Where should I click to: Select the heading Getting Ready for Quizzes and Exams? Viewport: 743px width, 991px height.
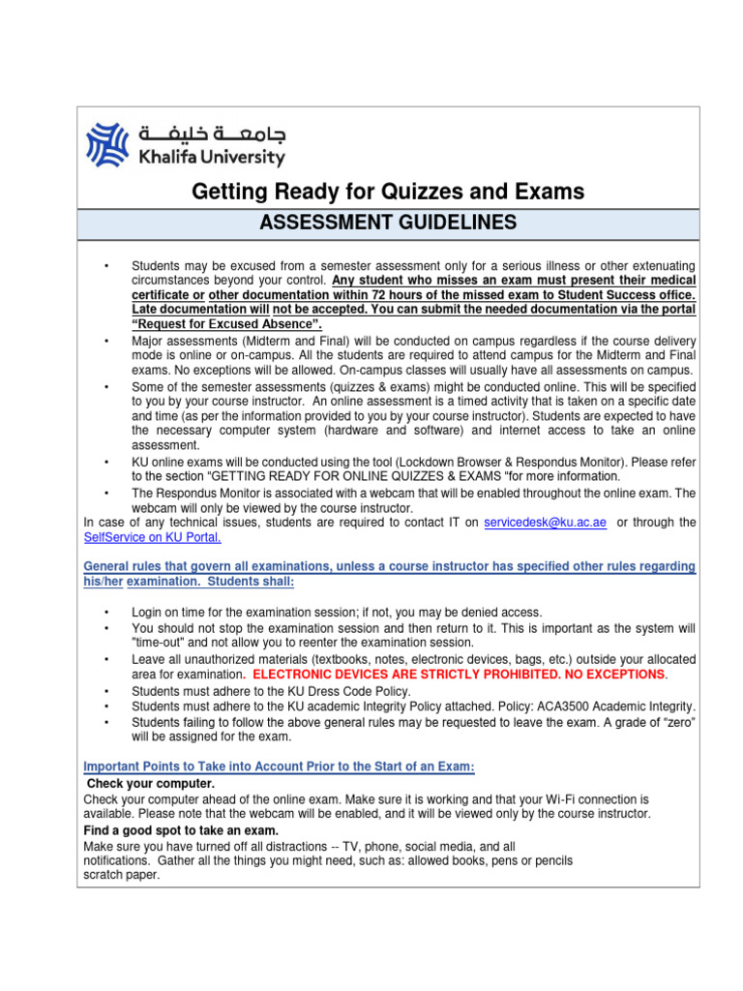tap(388, 192)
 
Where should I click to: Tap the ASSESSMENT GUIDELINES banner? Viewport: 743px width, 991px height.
tap(388, 224)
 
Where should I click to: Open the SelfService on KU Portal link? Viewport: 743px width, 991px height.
tap(153, 537)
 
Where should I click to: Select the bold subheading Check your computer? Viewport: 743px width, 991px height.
tap(151, 783)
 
